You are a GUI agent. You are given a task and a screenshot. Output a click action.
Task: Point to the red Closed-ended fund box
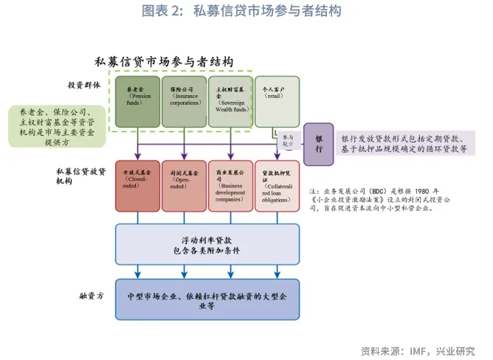pos(138,186)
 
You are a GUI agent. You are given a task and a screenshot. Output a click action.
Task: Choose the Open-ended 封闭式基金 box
pos(184,186)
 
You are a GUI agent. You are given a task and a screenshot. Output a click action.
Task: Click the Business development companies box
pos(230,186)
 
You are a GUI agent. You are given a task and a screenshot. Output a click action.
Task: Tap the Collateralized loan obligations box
pos(277,186)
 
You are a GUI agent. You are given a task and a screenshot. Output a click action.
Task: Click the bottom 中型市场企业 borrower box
pos(207,299)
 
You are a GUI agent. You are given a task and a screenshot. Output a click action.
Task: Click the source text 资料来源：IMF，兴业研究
pos(417,350)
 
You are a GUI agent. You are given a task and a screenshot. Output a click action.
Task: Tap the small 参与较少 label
pos(288,141)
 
